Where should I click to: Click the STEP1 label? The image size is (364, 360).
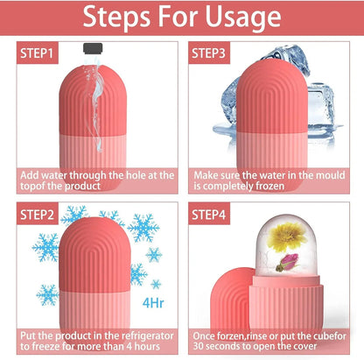tap(36, 54)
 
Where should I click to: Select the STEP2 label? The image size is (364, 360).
tap(36, 214)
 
